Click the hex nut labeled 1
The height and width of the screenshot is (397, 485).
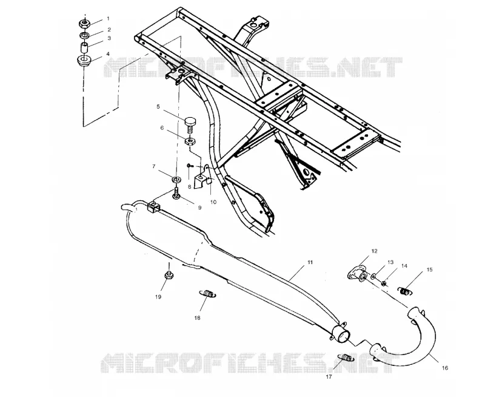tap(84, 23)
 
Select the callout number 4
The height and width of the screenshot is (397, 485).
tap(108, 54)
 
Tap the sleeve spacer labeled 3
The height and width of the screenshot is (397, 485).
tap(85, 49)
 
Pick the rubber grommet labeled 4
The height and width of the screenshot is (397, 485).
tap(84, 60)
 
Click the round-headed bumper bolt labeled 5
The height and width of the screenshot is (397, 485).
tap(190, 124)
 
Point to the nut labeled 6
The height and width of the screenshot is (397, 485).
tap(190, 141)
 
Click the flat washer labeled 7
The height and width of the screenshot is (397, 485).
tap(176, 179)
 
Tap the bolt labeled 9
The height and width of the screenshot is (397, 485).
tap(176, 194)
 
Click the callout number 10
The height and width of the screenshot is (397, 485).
tap(213, 202)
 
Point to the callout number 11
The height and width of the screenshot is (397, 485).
tap(310, 262)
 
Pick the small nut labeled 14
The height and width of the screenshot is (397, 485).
tap(384, 283)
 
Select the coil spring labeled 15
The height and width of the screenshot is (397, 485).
tap(405, 291)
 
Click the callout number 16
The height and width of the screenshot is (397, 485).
tap(445, 368)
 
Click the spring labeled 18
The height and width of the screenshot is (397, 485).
tap(207, 293)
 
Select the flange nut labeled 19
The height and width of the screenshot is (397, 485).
tap(169, 274)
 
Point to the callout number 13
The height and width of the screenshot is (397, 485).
tap(390, 262)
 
